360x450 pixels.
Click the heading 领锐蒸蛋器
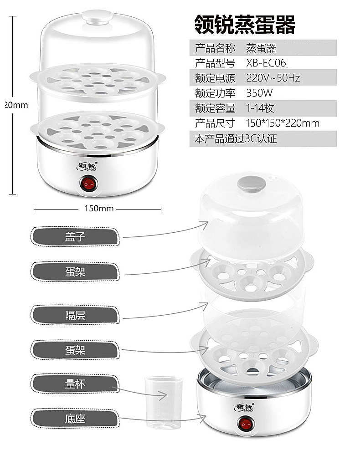click(x=245, y=25)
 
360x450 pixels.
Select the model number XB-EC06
click(x=266, y=63)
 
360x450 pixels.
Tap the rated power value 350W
click(x=260, y=93)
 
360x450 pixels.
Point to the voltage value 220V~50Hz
click(x=273, y=78)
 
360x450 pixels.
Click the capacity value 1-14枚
click(x=260, y=108)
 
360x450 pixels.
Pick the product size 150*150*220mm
click(x=283, y=123)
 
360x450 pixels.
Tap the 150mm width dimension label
click(x=99, y=208)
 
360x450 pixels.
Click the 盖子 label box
click(x=75, y=237)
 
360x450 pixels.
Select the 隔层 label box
click(x=75, y=315)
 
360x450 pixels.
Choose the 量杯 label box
click(x=75, y=384)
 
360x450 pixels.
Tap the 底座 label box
click(x=75, y=418)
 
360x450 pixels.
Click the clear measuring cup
click(x=164, y=403)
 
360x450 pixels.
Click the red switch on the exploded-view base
click(x=246, y=424)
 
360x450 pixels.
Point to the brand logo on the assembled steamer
click(x=87, y=166)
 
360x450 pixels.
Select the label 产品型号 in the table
click(x=215, y=63)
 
